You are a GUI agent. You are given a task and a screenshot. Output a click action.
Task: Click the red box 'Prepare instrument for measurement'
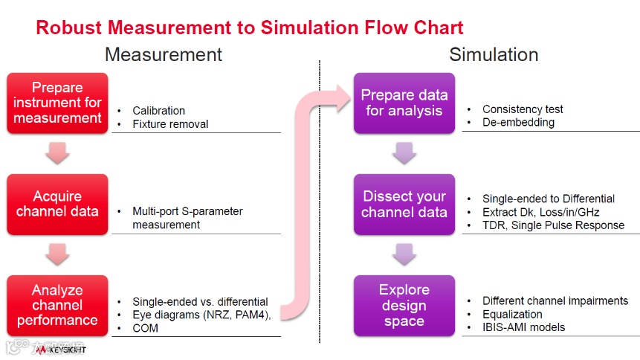tap(57, 103)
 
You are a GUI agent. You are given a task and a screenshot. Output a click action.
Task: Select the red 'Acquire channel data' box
tap(57, 204)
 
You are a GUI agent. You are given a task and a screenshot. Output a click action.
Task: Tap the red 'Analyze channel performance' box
tap(57, 305)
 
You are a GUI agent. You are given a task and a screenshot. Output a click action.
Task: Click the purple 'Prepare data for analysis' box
tap(404, 103)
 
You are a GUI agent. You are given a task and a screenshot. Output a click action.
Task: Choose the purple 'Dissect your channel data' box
tap(404, 204)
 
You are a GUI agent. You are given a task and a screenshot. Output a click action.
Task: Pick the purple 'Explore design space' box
tap(404, 305)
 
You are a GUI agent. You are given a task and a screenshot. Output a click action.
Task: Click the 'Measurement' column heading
tap(163, 54)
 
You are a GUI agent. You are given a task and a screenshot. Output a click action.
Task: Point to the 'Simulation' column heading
tap(494, 54)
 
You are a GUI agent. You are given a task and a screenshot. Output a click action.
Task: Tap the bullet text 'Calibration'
tap(158, 111)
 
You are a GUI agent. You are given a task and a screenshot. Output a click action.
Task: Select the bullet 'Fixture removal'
tap(170, 124)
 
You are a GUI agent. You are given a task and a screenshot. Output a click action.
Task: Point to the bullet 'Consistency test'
tap(523, 109)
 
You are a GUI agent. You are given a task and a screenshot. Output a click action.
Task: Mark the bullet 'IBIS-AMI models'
tap(523, 327)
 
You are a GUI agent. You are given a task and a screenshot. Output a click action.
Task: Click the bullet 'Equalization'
tap(512, 314)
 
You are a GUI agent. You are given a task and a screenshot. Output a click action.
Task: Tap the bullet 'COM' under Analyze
tap(145, 328)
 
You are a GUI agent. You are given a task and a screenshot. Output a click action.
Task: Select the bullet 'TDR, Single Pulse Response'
tap(553, 225)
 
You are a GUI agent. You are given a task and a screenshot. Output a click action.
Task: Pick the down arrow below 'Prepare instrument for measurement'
tap(57, 153)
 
